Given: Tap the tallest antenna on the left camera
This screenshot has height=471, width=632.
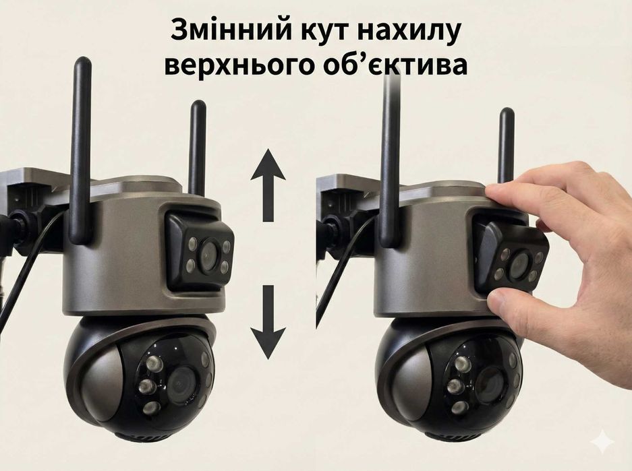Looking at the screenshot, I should point(82,148).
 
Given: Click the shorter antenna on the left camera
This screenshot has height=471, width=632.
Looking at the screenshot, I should point(197,145).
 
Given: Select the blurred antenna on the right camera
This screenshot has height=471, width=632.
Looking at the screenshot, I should point(390,155).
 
